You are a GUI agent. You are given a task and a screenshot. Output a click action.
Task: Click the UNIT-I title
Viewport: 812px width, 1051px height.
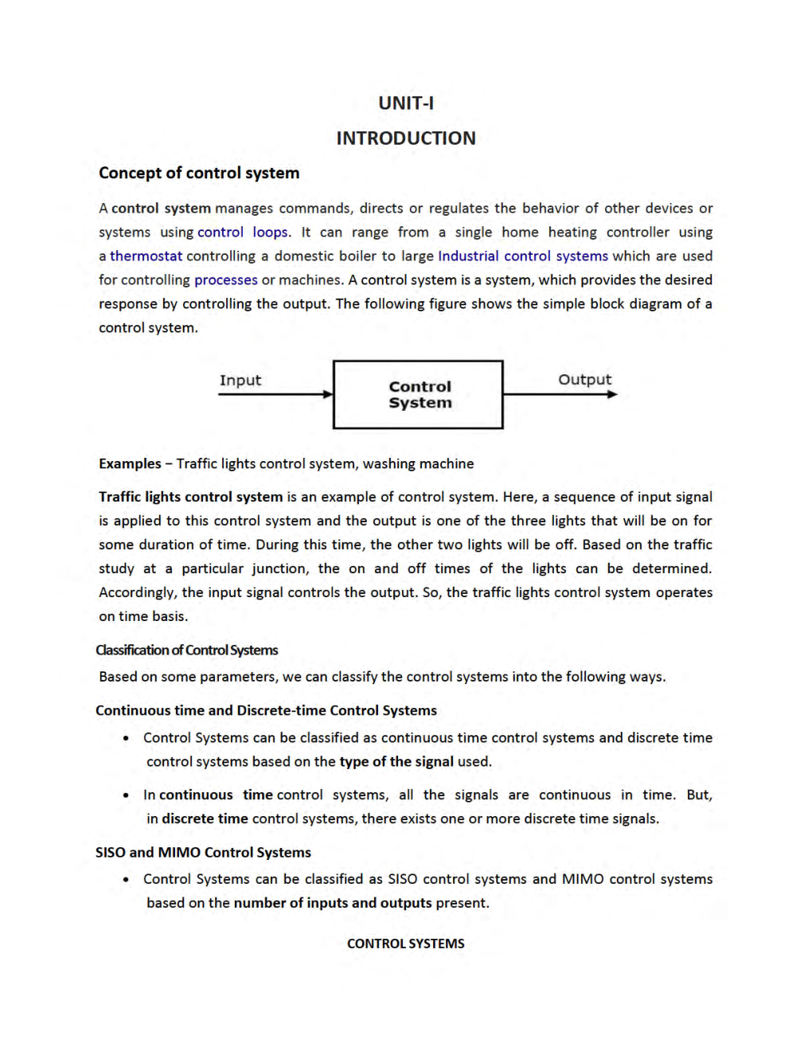point(406,104)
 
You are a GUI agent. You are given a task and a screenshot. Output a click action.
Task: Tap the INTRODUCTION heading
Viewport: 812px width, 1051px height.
point(406,139)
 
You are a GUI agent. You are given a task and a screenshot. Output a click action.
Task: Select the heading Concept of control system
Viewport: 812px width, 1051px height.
point(199,173)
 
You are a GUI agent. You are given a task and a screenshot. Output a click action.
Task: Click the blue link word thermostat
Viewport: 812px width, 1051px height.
point(146,256)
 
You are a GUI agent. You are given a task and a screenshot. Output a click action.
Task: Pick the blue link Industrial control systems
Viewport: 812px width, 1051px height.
point(523,256)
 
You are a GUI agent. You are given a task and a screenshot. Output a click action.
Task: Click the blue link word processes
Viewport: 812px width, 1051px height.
point(226,280)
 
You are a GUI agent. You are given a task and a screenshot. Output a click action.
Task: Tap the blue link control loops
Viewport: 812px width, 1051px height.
point(243,232)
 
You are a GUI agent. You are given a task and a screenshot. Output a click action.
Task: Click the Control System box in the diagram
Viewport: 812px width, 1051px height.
point(418,395)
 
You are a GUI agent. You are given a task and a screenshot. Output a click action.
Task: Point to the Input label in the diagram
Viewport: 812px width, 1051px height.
point(240,381)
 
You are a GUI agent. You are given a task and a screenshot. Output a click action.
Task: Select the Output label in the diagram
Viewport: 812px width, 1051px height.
point(585,380)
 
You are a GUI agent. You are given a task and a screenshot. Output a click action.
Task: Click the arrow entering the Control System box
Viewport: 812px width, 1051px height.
point(275,394)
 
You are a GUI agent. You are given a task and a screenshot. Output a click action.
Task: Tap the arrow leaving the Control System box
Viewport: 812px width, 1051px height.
point(560,394)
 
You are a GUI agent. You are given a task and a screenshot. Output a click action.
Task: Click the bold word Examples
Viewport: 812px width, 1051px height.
point(130,464)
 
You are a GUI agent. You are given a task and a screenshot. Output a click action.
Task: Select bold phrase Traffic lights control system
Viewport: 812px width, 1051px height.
point(191,497)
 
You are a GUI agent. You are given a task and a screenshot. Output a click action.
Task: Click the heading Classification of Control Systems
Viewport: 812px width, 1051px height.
point(187,651)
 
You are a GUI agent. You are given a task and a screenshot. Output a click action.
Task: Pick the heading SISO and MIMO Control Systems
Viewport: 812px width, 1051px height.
point(203,853)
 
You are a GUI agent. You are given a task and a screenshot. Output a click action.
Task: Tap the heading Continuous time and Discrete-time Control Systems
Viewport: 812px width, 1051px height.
point(266,711)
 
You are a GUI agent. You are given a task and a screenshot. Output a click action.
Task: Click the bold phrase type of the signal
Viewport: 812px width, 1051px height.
point(396,762)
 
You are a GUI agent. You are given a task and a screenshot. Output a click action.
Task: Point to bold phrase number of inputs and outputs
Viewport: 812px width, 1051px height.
point(333,904)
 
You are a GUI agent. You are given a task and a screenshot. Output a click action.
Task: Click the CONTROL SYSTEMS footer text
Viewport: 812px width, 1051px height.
point(406,944)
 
